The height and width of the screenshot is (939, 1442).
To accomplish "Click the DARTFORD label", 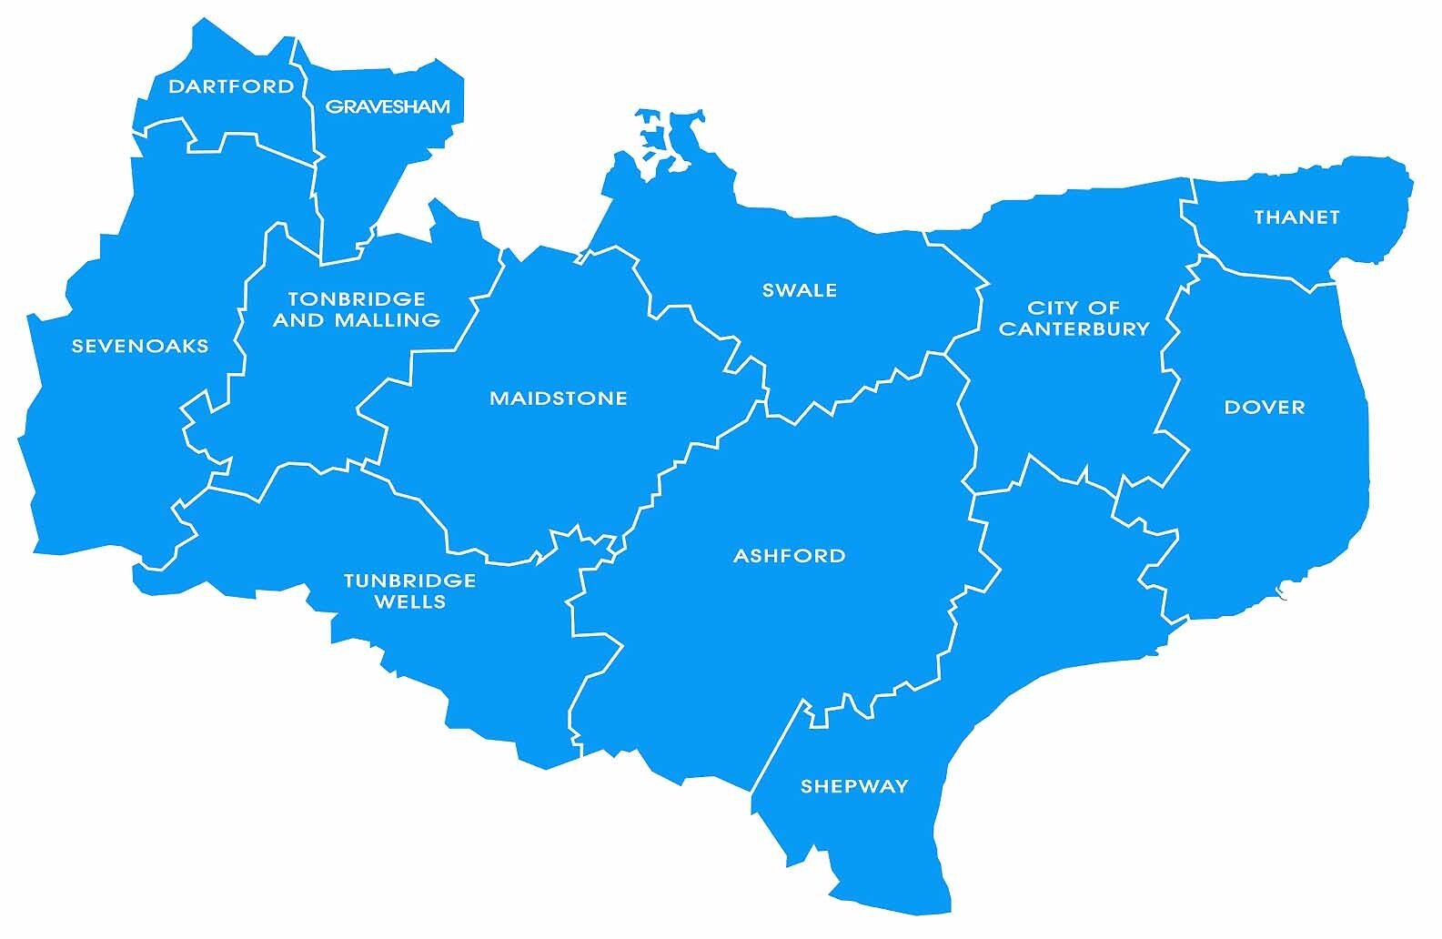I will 231,86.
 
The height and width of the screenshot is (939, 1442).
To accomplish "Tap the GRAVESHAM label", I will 388,106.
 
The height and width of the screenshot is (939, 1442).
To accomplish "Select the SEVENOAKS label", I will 140,346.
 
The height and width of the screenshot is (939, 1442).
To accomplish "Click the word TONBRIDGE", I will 357,298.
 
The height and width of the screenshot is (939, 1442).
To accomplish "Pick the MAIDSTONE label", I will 559,399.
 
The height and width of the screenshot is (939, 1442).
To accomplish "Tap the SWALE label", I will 800,290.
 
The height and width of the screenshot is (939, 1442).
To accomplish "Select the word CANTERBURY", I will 1074,328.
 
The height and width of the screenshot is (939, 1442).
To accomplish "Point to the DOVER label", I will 1265,408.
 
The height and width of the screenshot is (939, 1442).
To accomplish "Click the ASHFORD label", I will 790,556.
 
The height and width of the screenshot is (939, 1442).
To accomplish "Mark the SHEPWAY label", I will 854,786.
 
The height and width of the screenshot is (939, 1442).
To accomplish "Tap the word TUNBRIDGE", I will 409,581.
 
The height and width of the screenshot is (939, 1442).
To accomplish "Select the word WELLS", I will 409,601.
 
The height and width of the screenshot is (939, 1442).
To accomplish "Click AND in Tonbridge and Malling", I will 299,319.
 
